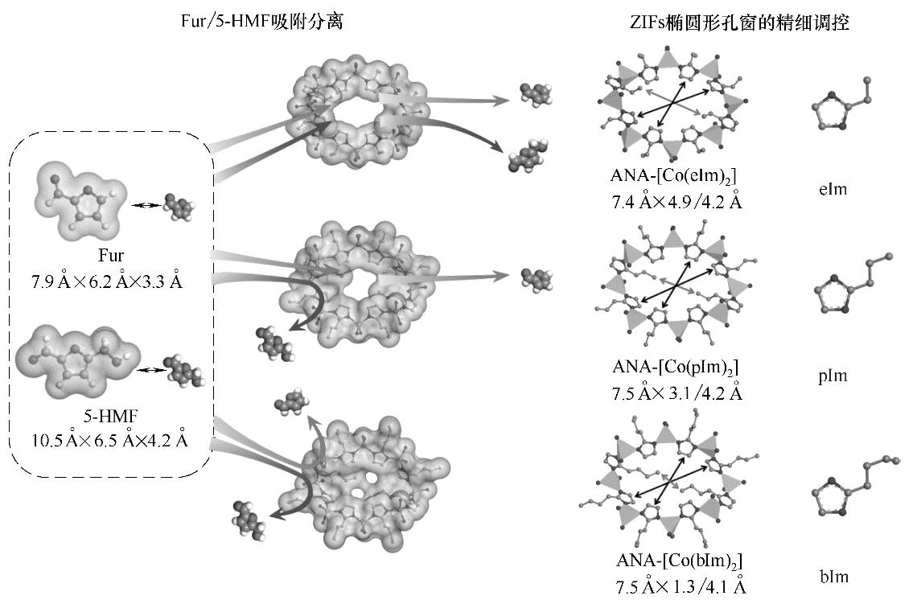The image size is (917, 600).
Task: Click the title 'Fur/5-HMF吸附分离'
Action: tap(261, 22)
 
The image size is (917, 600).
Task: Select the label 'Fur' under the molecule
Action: tap(111, 256)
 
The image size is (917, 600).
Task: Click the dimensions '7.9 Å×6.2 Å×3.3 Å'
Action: tap(107, 282)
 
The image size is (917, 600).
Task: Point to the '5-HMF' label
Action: tap(110, 417)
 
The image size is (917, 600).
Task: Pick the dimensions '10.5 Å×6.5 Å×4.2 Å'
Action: tap(110, 440)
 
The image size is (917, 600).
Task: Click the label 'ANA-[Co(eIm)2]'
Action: tap(673, 176)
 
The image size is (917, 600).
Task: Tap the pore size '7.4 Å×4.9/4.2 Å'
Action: tap(677, 202)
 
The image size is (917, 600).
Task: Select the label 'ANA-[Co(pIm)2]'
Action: tap(676, 368)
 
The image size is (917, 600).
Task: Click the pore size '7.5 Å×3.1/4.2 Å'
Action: tap(677, 392)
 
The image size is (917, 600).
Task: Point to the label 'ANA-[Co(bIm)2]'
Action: tap(679, 561)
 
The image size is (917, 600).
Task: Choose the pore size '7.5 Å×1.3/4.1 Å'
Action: tap(681, 586)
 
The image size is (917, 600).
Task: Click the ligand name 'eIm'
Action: tap(833, 189)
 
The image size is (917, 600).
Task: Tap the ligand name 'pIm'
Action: tap(833, 376)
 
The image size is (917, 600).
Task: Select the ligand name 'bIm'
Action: tap(834, 577)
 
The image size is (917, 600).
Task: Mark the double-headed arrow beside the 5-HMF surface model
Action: tap(150, 370)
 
